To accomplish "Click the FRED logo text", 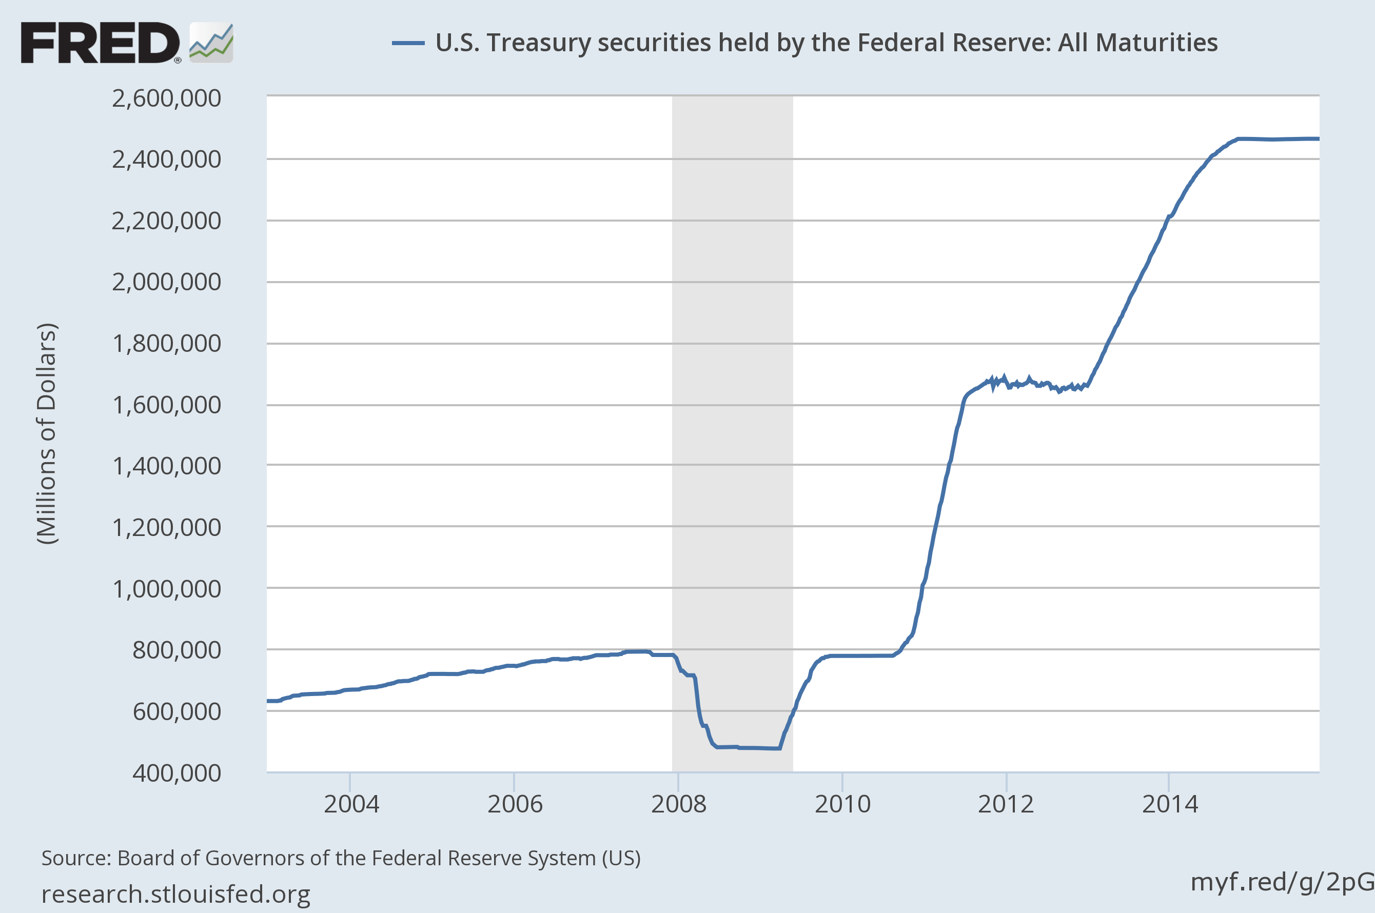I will (x=100, y=43).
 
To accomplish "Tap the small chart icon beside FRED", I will (x=211, y=43).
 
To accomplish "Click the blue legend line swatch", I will (x=408, y=43).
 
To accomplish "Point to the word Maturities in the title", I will (x=1137, y=43).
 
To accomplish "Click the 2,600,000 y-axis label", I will (x=167, y=98).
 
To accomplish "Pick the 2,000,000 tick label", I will (x=167, y=282).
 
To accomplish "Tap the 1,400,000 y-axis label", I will (x=167, y=466).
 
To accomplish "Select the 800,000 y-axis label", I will (x=176, y=650).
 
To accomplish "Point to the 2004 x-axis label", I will (x=351, y=805).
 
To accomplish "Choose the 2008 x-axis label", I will (x=678, y=805).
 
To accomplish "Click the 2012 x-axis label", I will (x=1006, y=805).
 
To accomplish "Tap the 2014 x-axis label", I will (x=1169, y=805).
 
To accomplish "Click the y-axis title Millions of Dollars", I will (x=47, y=434).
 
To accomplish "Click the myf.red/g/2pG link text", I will (x=1282, y=882).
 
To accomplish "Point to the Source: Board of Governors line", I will (x=341, y=858).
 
